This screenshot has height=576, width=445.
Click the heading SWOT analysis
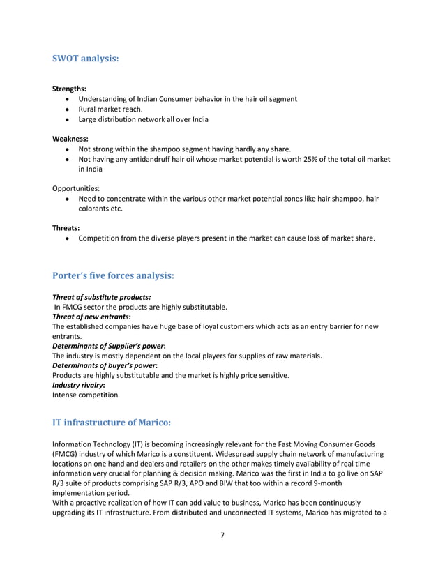(86, 59)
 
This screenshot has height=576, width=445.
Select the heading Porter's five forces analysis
(113, 275)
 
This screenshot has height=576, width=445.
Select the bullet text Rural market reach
(110, 109)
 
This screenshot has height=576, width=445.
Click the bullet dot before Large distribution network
(66, 119)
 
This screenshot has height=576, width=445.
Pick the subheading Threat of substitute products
(102, 297)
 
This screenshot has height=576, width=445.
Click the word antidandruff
(156, 159)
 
